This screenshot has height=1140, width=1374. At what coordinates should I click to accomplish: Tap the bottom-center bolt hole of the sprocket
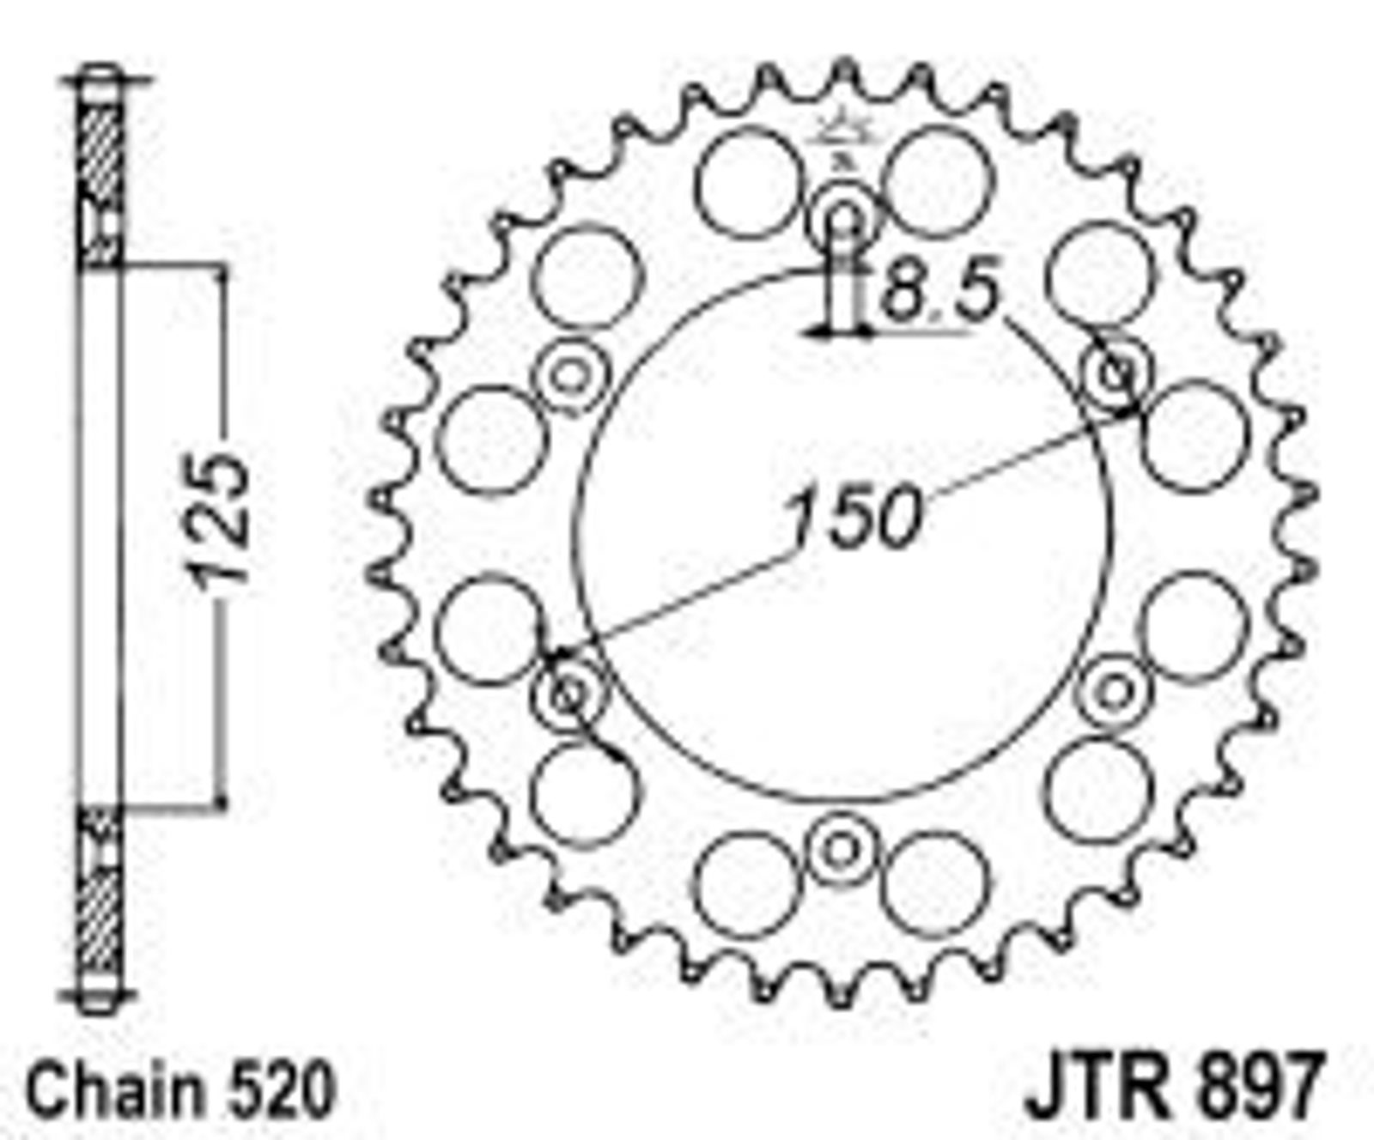(x=842, y=850)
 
